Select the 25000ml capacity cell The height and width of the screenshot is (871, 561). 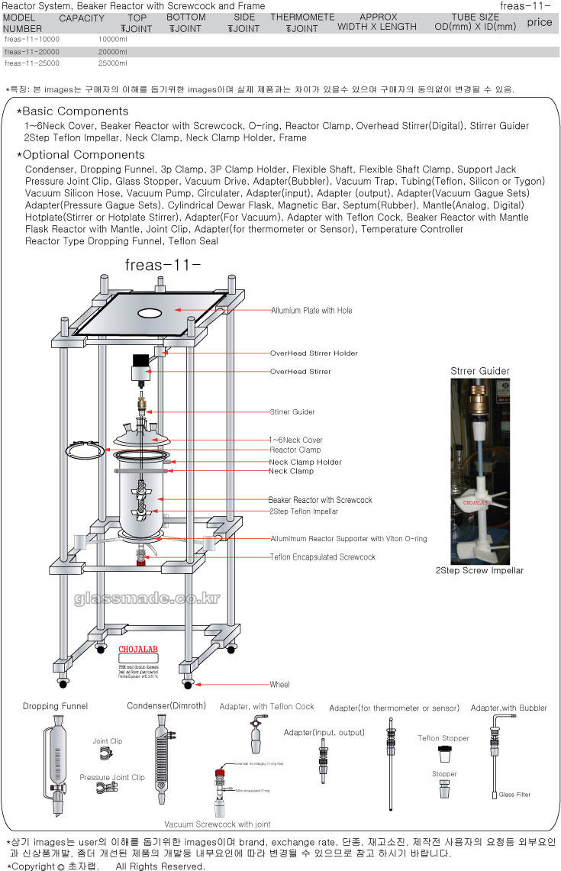(113, 63)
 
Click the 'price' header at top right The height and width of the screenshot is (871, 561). (539, 22)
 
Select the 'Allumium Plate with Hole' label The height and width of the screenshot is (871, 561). (311, 311)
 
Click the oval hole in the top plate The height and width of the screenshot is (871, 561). (150, 314)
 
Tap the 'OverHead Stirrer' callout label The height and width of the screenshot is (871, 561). (300, 372)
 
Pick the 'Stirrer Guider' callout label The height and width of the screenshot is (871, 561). (292, 412)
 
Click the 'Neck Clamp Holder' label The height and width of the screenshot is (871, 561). (305, 463)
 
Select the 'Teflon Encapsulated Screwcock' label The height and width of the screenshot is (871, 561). (323, 557)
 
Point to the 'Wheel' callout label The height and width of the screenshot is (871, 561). (279, 685)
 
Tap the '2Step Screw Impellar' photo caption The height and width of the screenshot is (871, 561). (479, 570)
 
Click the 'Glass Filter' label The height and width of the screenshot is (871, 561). (514, 795)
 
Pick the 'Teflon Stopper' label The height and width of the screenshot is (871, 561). (443, 738)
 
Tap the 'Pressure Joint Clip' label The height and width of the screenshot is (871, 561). (112, 778)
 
